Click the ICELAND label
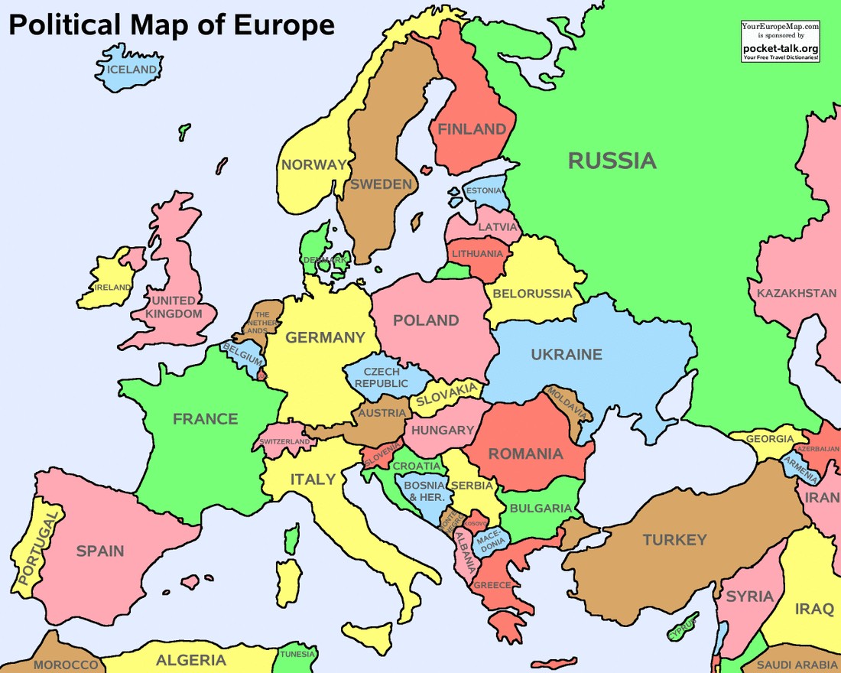click(x=132, y=70)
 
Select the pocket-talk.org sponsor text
click(x=781, y=48)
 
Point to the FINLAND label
click(x=472, y=129)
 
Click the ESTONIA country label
click(x=484, y=190)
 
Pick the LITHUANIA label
click(x=478, y=253)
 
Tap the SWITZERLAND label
click(x=284, y=442)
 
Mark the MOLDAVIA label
click(x=567, y=402)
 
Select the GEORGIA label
click(x=770, y=439)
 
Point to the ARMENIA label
click(x=800, y=467)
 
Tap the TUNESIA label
click(x=297, y=655)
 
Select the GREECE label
click(x=492, y=585)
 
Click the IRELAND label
click(x=112, y=288)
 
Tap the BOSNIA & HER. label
click(x=424, y=491)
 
